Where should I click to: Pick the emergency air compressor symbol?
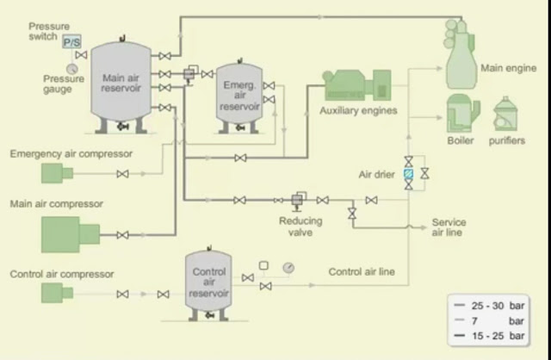[x=58, y=173]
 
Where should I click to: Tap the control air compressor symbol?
[x=57, y=293]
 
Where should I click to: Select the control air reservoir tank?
[x=208, y=285]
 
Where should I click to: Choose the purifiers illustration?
[x=506, y=115]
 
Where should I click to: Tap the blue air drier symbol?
[x=409, y=174]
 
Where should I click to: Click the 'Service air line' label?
[x=449, y=227]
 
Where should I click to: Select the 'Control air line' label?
[x=362, y=271]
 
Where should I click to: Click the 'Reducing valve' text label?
[x=300, y=226]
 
